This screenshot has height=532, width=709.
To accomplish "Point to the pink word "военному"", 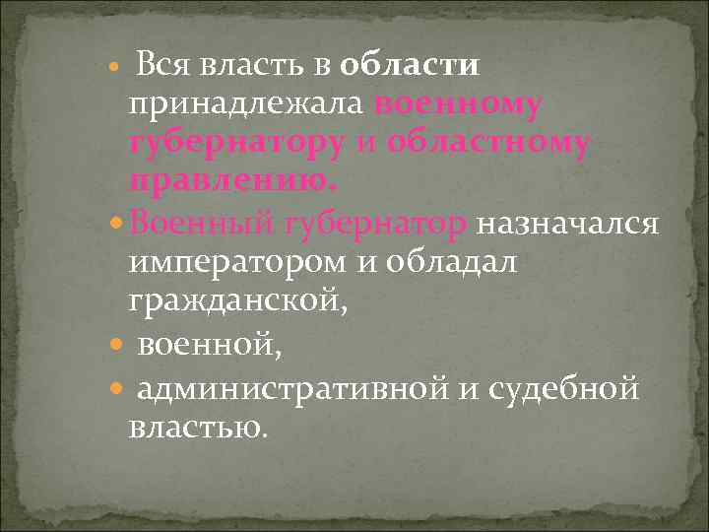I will (458, 104).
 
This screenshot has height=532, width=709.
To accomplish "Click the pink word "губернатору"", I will (235, 144).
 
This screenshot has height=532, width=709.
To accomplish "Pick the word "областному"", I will (489, 144).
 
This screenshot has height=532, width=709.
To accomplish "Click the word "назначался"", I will (566, 224).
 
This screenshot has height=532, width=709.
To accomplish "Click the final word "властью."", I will (196, 429).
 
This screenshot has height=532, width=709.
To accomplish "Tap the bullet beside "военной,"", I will (117, 346).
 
